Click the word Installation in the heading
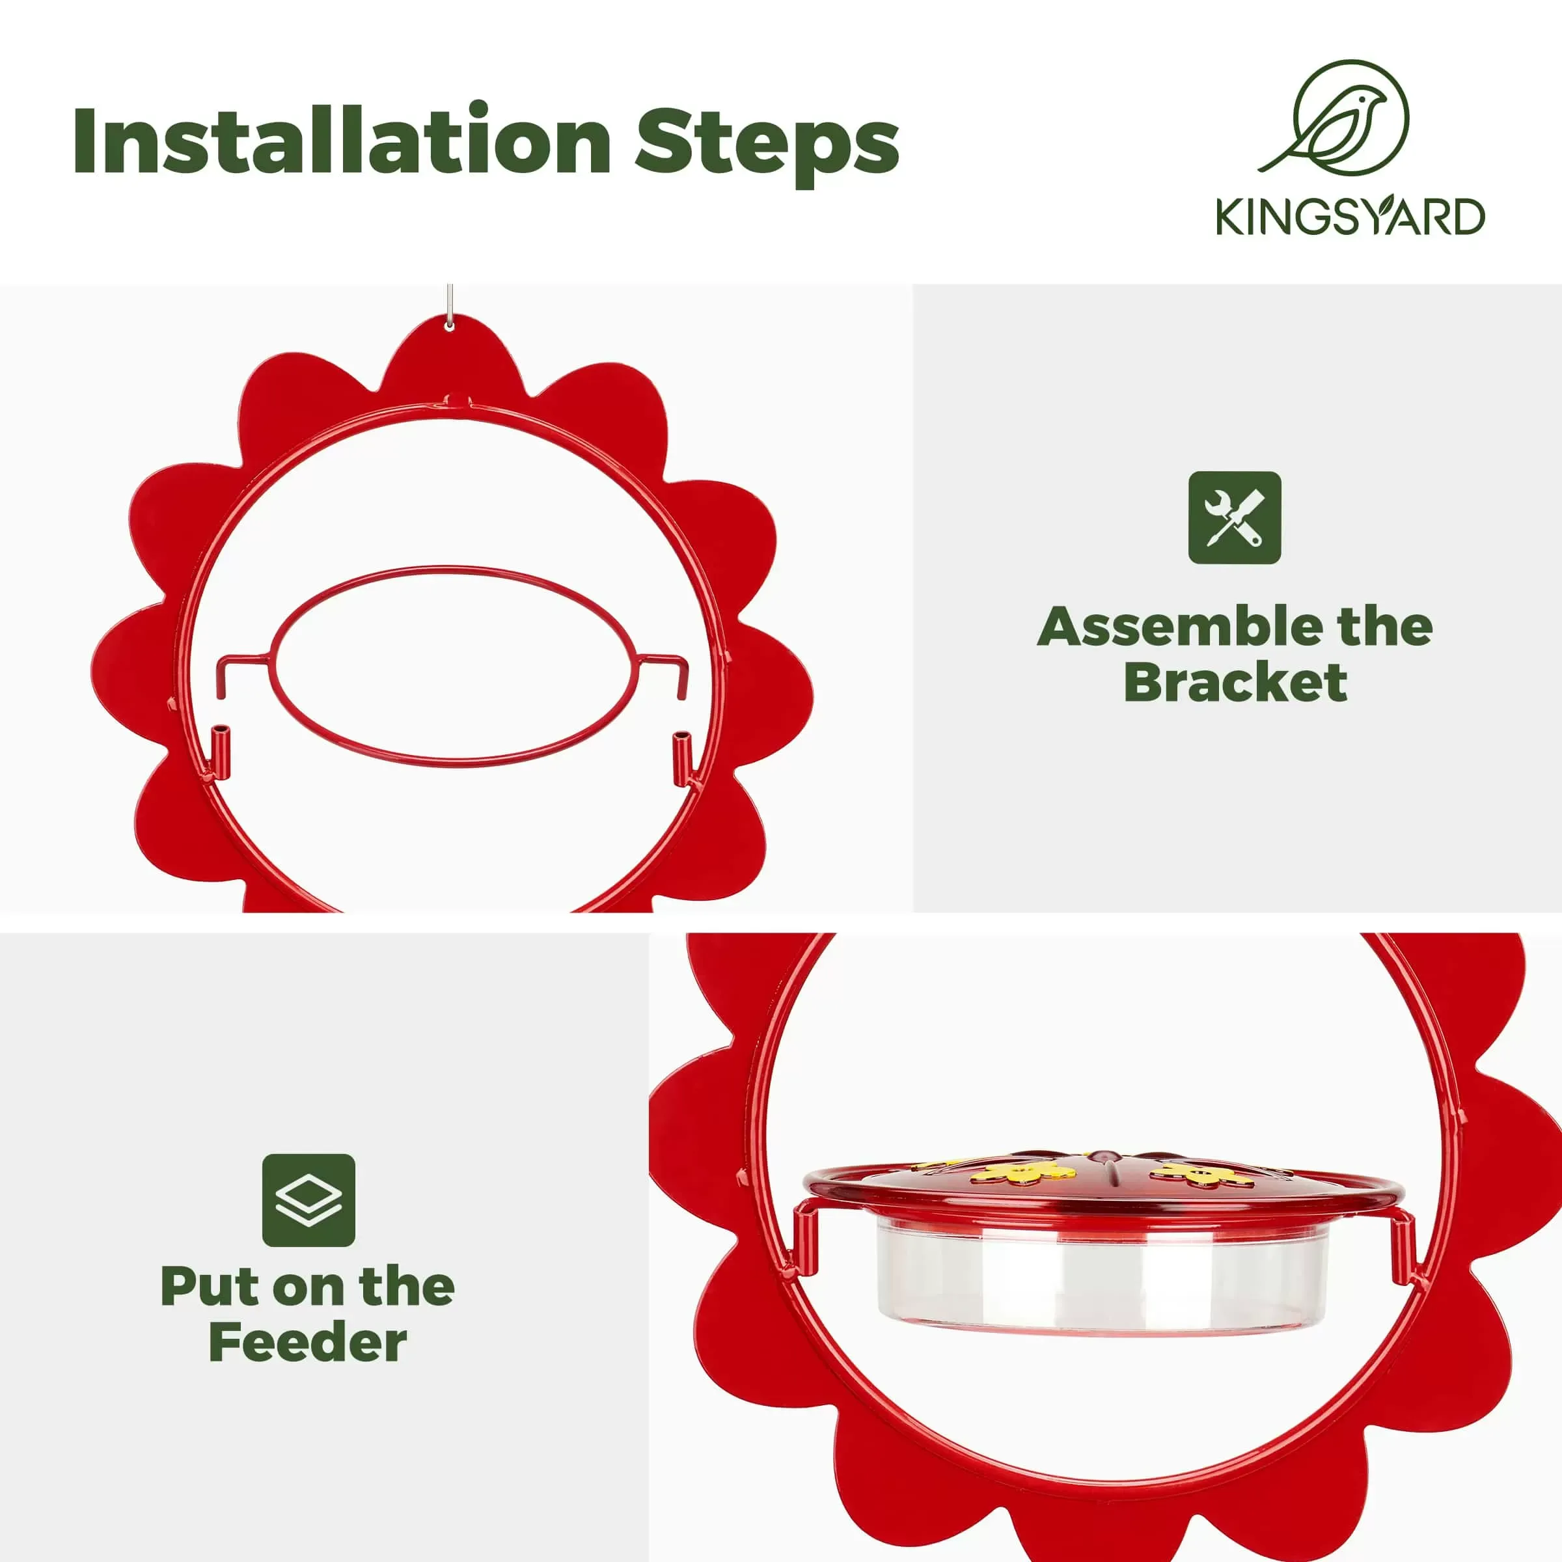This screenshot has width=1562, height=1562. click(x=340, y=141)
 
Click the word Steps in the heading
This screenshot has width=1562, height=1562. click(x=767, y=144)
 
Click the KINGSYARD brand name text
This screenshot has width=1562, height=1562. click(x=1350, y=217)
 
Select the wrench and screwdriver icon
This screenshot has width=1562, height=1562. click(x=1234, y=517)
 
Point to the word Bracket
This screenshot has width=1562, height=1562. click(x=1235, y=683)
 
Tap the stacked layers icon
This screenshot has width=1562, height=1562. click(x=308, y=1199)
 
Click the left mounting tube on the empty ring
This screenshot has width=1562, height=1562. click(x=221, y=748)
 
